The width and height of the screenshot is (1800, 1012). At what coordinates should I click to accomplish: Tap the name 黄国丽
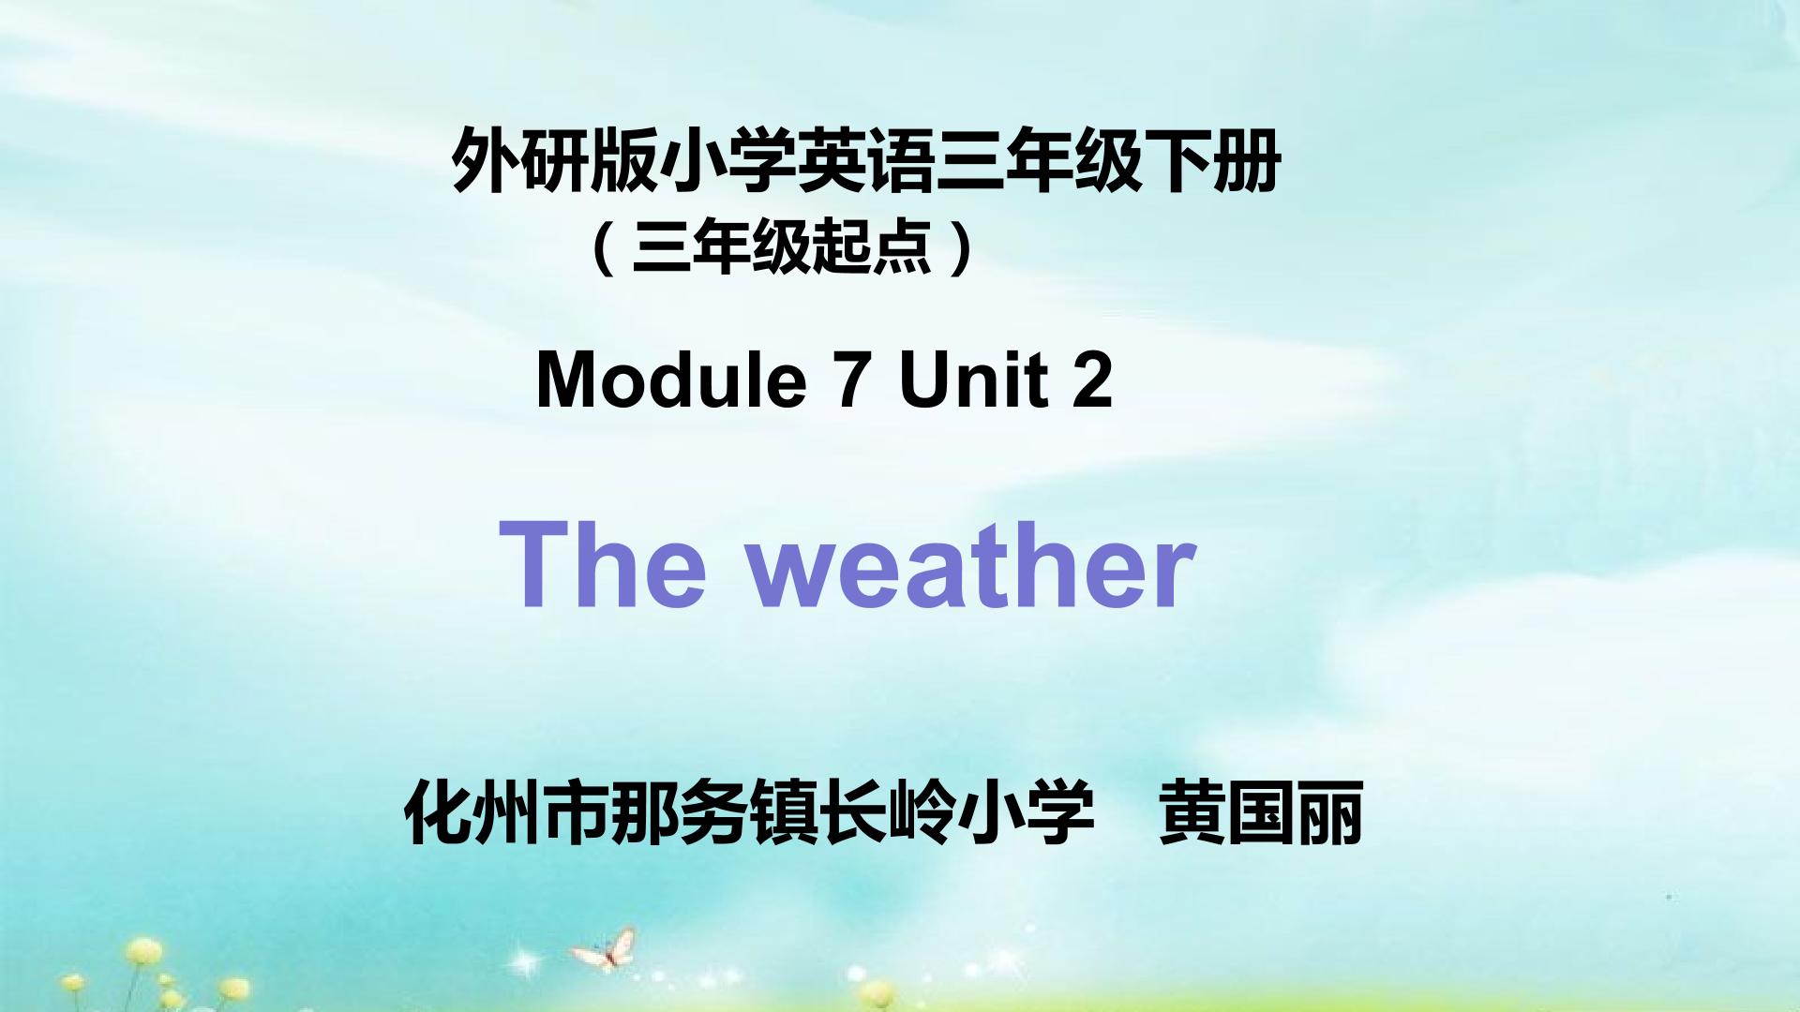(x=1261, y=812)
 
